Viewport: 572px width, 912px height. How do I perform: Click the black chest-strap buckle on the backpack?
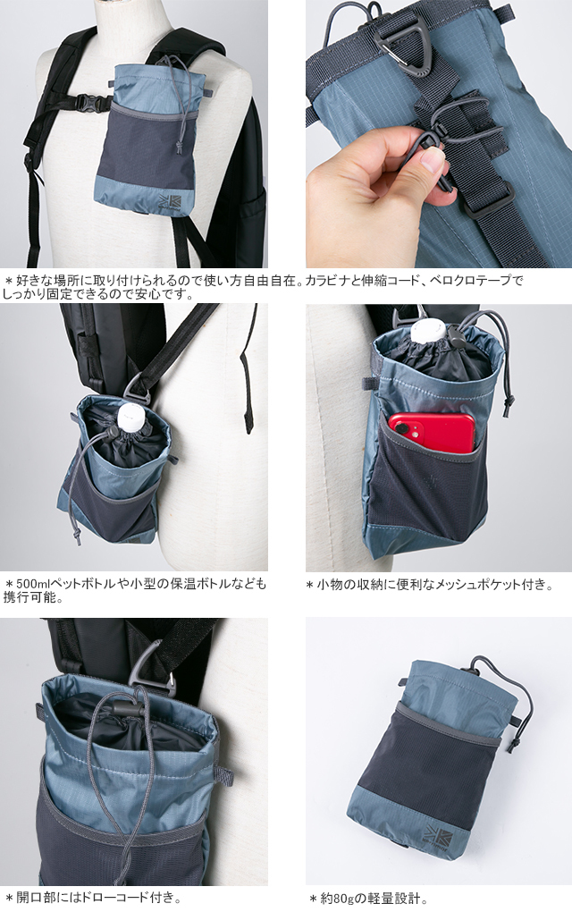(x=89, y=102)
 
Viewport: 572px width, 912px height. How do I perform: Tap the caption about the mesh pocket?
(x=429, y=585)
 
